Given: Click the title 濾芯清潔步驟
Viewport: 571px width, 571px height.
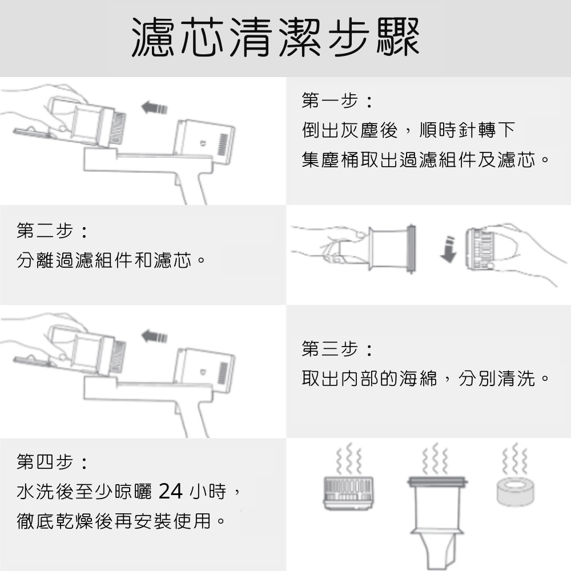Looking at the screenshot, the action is [x=275, y=38].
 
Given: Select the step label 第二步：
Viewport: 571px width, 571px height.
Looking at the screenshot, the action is [x=53, y=231].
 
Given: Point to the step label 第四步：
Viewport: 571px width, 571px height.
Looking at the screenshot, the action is [x=53, y=462].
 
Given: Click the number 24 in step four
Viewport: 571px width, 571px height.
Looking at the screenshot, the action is [x=170, y=491].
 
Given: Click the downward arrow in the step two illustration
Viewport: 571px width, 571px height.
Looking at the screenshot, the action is [x=449, y=250].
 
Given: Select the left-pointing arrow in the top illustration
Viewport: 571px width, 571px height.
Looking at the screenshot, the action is [x=154, y=108].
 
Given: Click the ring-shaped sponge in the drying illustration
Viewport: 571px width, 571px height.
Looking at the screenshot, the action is [x=515, y=492].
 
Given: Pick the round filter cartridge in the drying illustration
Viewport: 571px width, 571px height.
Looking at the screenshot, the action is [x=348, y=493].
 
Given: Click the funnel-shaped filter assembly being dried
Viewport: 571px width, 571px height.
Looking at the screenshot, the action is [x=437, y=522].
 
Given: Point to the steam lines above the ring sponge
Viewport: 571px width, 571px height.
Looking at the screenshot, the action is [x=515, y=459].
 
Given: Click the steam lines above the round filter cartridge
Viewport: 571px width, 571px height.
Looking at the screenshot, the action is [x=349, y=459].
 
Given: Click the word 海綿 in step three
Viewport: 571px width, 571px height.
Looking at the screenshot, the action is [x=418, y=379].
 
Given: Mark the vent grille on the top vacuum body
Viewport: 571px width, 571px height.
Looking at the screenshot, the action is [x=223, y=144].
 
